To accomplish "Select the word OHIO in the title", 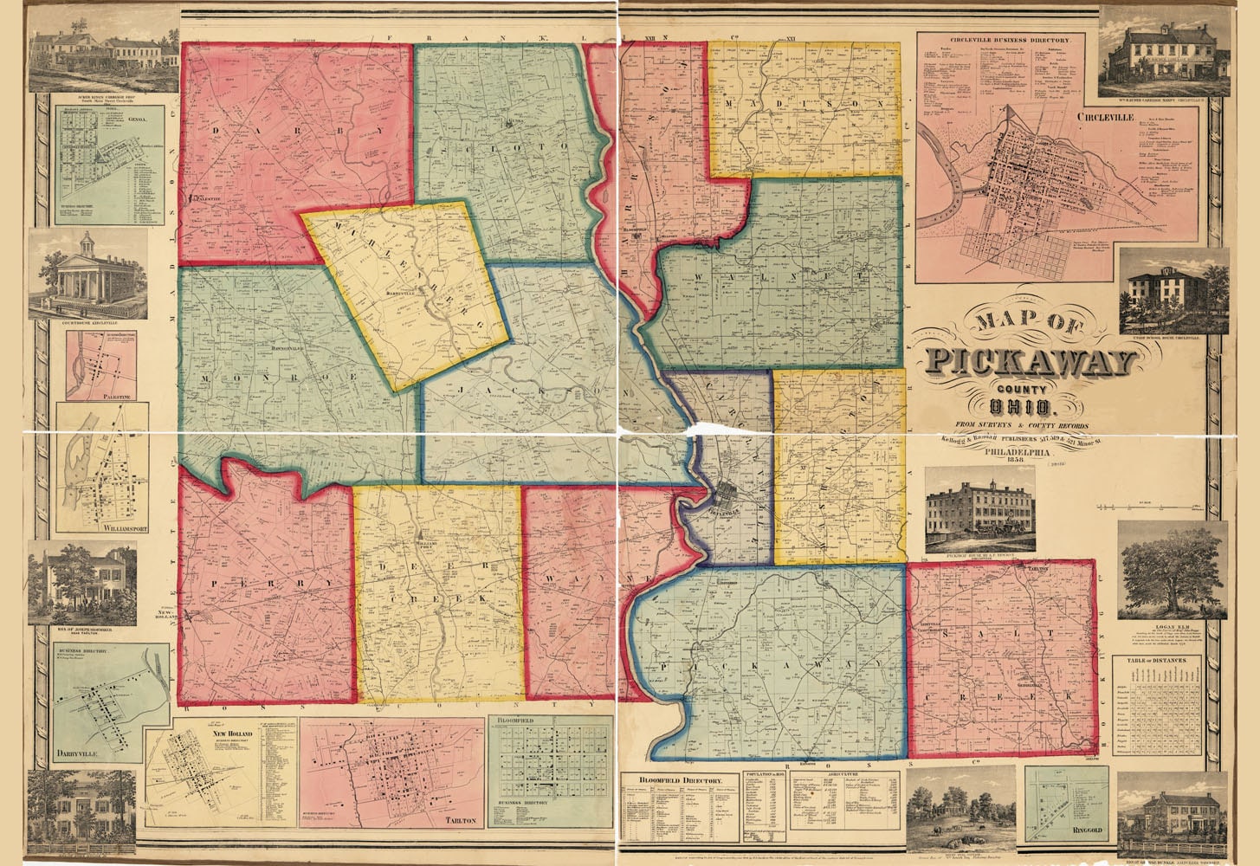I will [1025, 406].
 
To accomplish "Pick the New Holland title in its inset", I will [229, 734].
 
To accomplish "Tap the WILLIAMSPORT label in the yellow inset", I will [100, 528].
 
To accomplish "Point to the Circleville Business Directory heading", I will [1004, 41].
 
